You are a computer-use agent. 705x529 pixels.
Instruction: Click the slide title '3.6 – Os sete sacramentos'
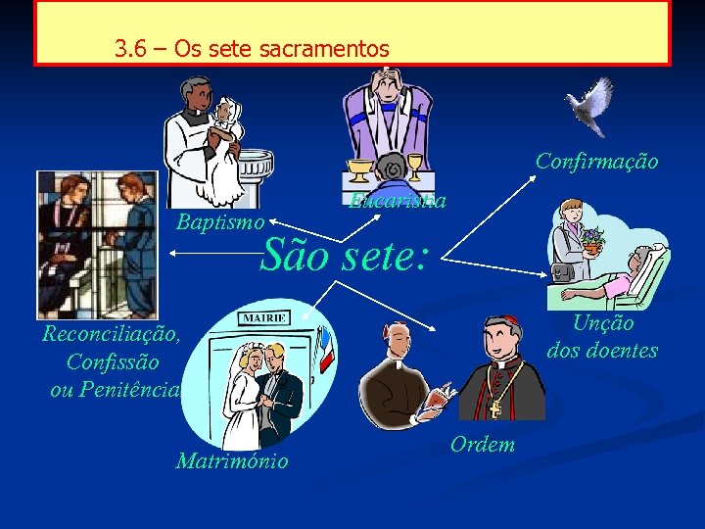pos(252,48)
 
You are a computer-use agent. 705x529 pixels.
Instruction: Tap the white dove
pos(590,105)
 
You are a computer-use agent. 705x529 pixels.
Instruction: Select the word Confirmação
pos(596,161)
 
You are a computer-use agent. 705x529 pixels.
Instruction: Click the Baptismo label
pos(220,221)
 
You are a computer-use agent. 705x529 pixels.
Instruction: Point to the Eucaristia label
pos(398,202)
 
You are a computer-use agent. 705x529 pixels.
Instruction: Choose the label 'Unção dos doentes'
pos(602,336)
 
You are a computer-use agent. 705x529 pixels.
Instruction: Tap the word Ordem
pos(483,444)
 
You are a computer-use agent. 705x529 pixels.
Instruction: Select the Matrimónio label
pos(232,460)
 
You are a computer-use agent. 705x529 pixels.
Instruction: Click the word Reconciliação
pos(111,333)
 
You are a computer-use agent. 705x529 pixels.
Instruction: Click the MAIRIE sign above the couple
pos(264,318)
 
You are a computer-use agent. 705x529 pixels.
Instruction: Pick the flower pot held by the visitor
pos(593,241)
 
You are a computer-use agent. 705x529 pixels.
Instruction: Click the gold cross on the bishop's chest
pos(496,405)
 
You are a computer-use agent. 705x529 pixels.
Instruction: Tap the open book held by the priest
pos(440,395)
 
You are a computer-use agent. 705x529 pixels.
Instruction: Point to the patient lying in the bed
pos(627,274)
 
